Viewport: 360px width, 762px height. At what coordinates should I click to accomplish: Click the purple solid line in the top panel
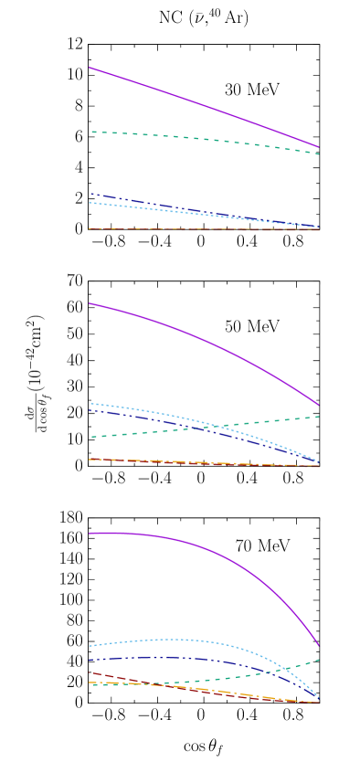pyautogui.click(x=201, y=105)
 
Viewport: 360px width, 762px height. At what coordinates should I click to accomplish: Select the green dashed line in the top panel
pyautogui.click(x=201, y=138)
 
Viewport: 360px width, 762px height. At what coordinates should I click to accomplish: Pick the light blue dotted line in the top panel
pyautogui.click(x=137, y=207)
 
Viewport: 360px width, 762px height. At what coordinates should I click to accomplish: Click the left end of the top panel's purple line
pyautogui.click(x=90, y=68)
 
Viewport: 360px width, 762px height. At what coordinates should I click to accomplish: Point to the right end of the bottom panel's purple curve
pyautogui.click(x=319, y=645)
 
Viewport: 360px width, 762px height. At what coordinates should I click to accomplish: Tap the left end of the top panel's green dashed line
pyautogui.click(x=91, y=132)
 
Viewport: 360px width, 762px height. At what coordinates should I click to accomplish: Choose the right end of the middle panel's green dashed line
pyautogui.click(x=319, y=417)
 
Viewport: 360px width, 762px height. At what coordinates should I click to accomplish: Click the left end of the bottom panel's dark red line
pyautogui.click(x=90, y=672)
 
